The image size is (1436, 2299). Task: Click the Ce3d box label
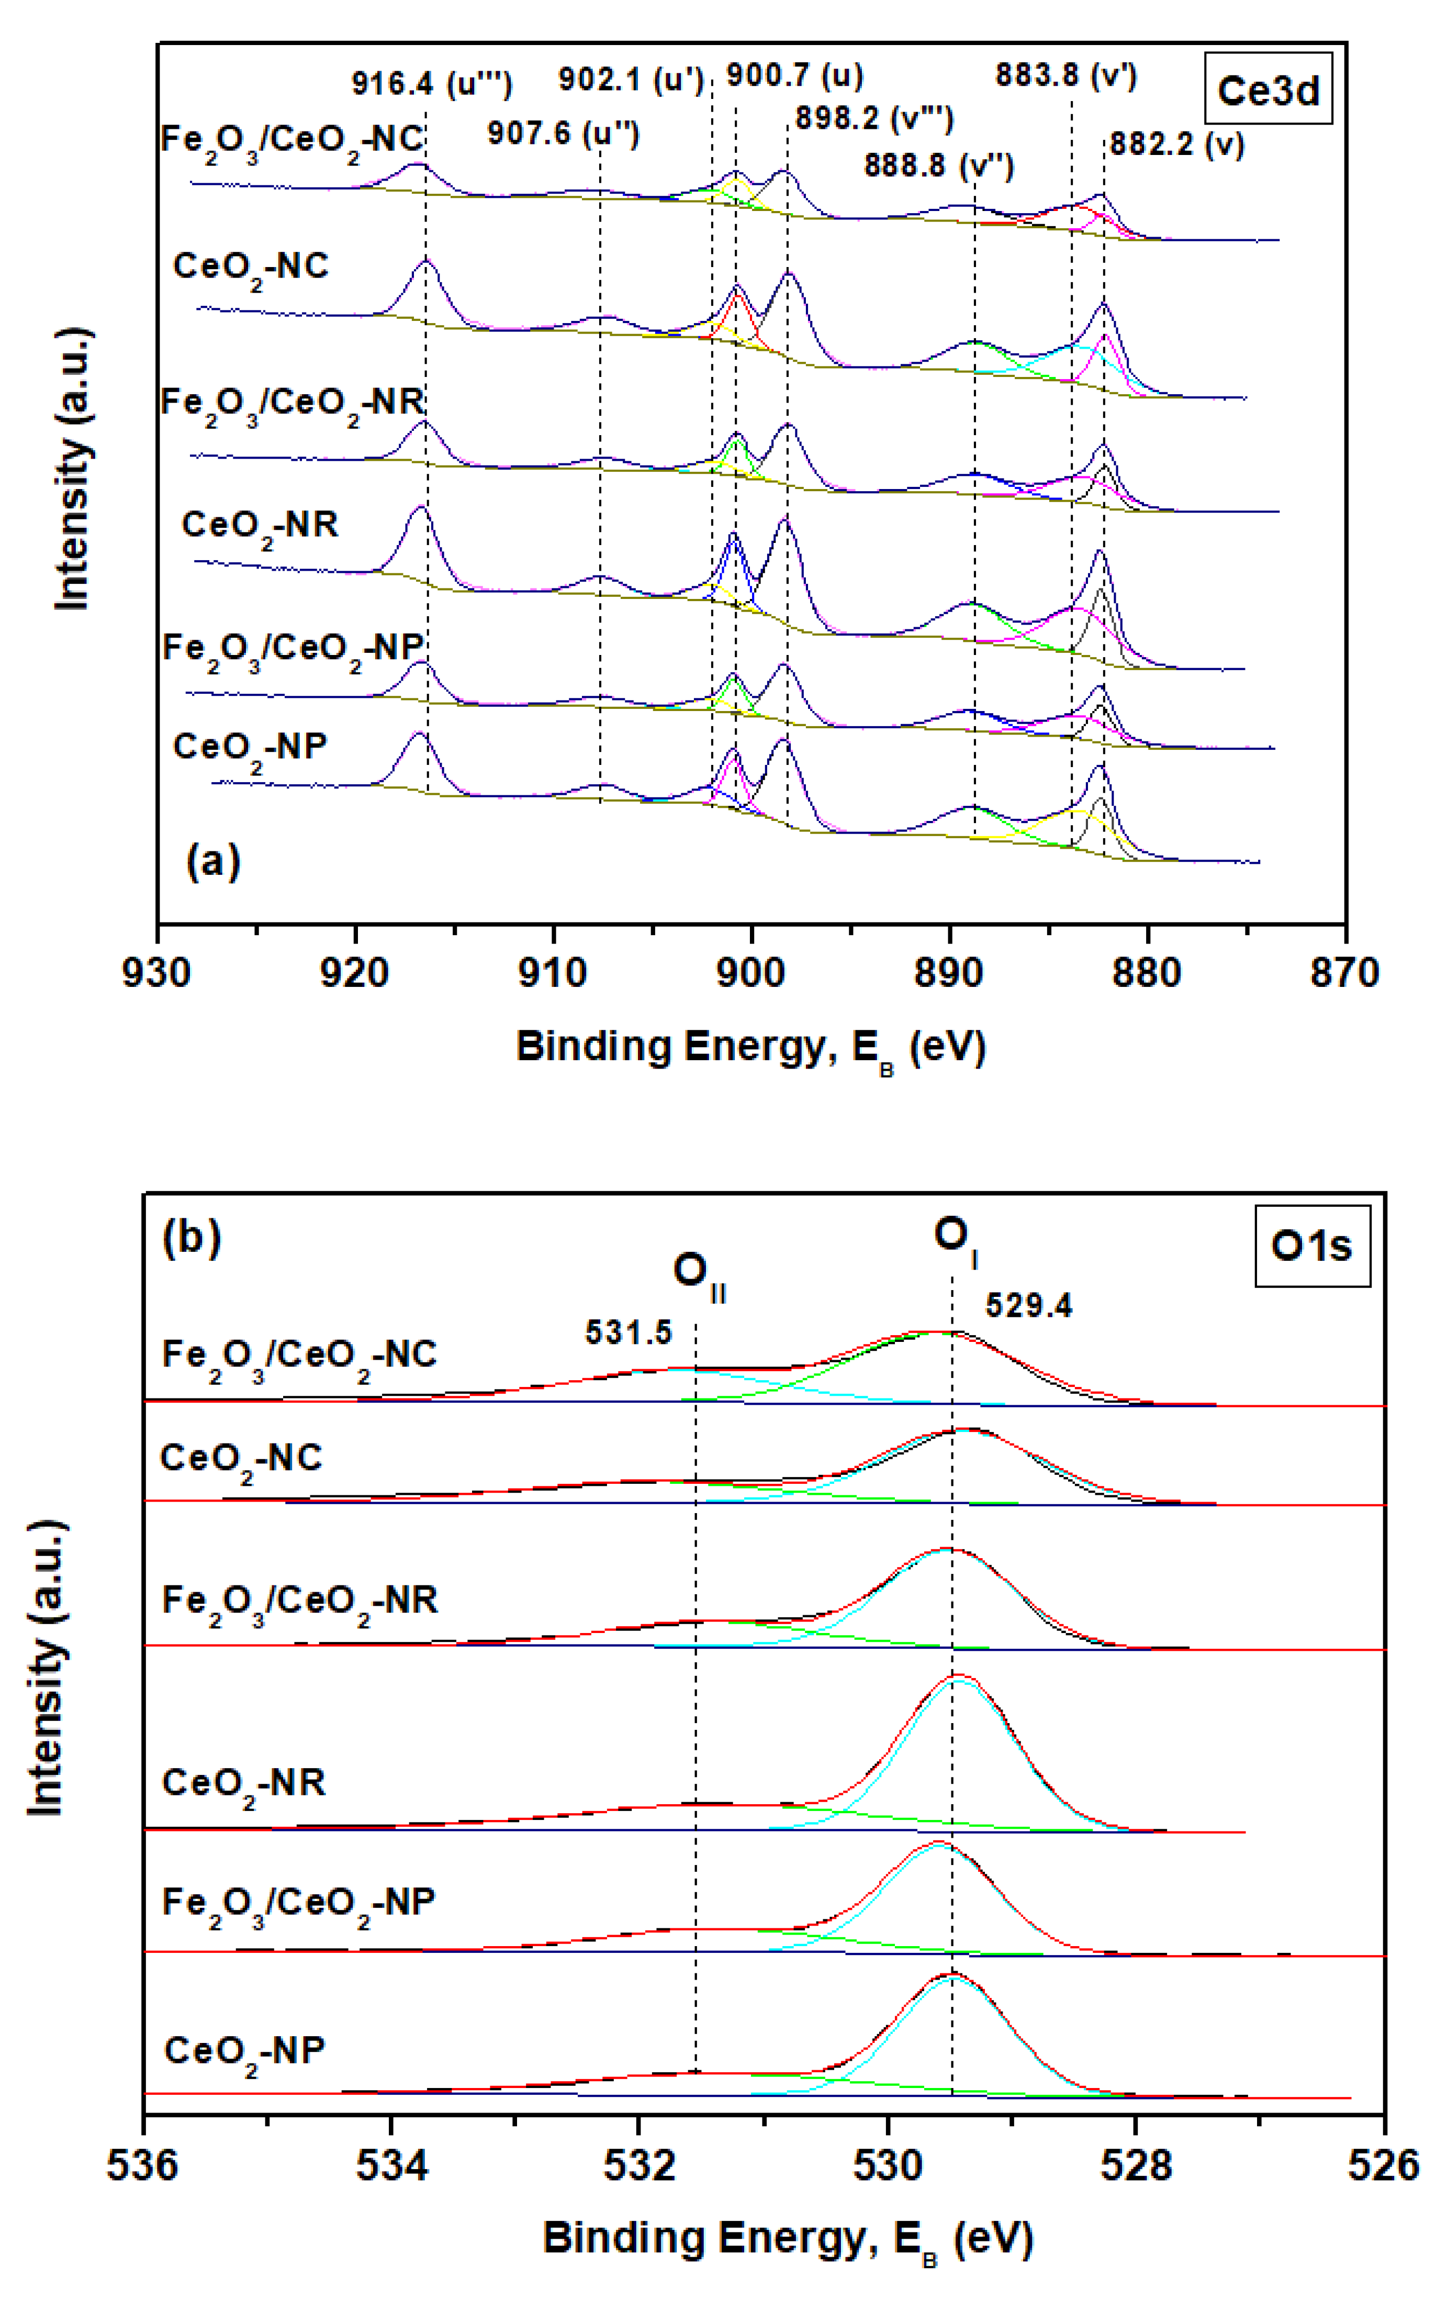[x=1268, y=90]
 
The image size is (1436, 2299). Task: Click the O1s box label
[x=1311, y=1246]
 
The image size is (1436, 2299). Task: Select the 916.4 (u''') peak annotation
[x=432, y=84]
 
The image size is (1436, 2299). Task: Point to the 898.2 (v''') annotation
[x=874, y=118]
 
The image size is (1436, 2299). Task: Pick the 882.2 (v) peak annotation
[x=1177, y=145]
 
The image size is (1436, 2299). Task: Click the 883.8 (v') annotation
[x=1065, y=75]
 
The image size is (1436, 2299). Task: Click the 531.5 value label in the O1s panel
[x=628, y=1333]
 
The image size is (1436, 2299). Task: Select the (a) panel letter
[x=213, y=861]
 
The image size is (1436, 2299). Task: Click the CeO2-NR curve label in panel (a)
[x=259, y=525]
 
